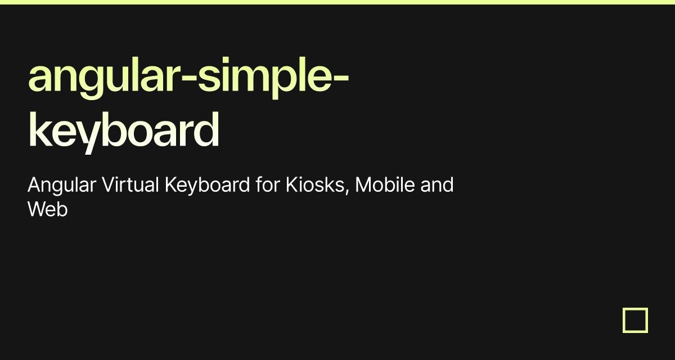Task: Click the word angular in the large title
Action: [104, 78]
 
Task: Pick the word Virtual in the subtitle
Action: [130, 184]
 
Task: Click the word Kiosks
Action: [315, 184]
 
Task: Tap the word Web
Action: [48, 209]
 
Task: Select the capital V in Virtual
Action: [110, 184]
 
